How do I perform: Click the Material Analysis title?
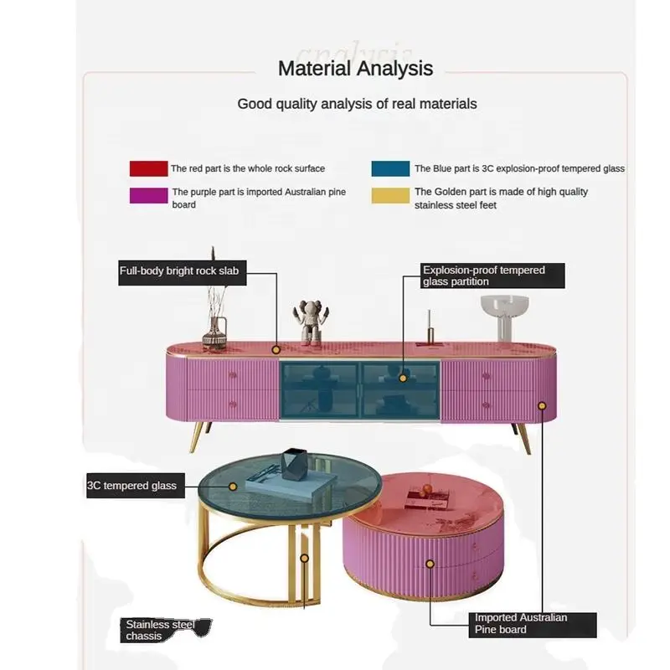[x=355, y=69]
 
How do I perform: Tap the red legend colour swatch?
[x=149, y=168]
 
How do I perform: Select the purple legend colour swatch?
[x=149, y=195]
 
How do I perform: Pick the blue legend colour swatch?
[x=390, y=168]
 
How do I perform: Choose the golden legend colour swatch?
[x=390, y=195]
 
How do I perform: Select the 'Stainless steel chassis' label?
[x=164, y=631]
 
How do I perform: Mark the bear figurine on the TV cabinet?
[x=311, y=323]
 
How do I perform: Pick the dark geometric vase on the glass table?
[x=294, y=464]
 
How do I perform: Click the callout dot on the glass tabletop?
[x=233, y=487]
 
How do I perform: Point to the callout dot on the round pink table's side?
[x=430, y=564]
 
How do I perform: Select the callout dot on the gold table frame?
[x=305, y=558]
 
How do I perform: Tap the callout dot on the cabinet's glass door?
[x=403, y=379]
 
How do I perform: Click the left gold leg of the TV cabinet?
[x=198, y=436]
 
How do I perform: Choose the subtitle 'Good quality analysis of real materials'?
[x=358, y=104]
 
